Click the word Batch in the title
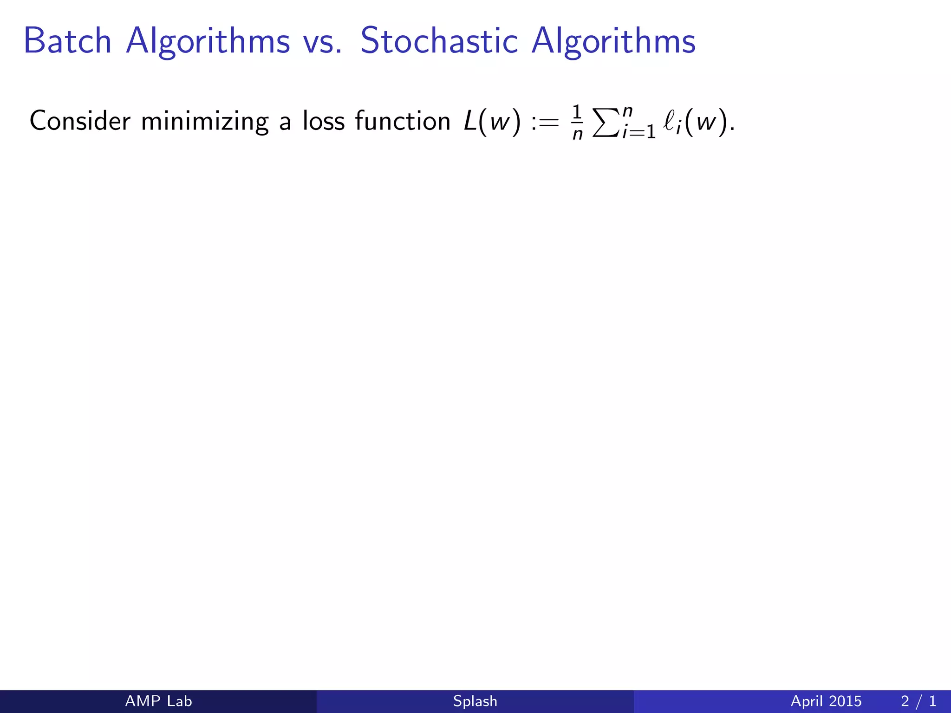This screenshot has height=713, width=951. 67,41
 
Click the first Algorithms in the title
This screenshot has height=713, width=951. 208,42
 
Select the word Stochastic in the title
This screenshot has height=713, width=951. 439,41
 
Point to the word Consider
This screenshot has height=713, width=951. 80,121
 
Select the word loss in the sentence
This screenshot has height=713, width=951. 324,121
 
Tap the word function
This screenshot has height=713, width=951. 403,121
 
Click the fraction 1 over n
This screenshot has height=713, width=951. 577,123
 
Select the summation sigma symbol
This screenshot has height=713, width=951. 606,123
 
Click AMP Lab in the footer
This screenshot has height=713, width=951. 158,701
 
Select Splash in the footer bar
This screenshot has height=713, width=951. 475,701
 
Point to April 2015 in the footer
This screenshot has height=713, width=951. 826,701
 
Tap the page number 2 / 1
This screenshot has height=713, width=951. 918,701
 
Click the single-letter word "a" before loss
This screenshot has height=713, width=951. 285,122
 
